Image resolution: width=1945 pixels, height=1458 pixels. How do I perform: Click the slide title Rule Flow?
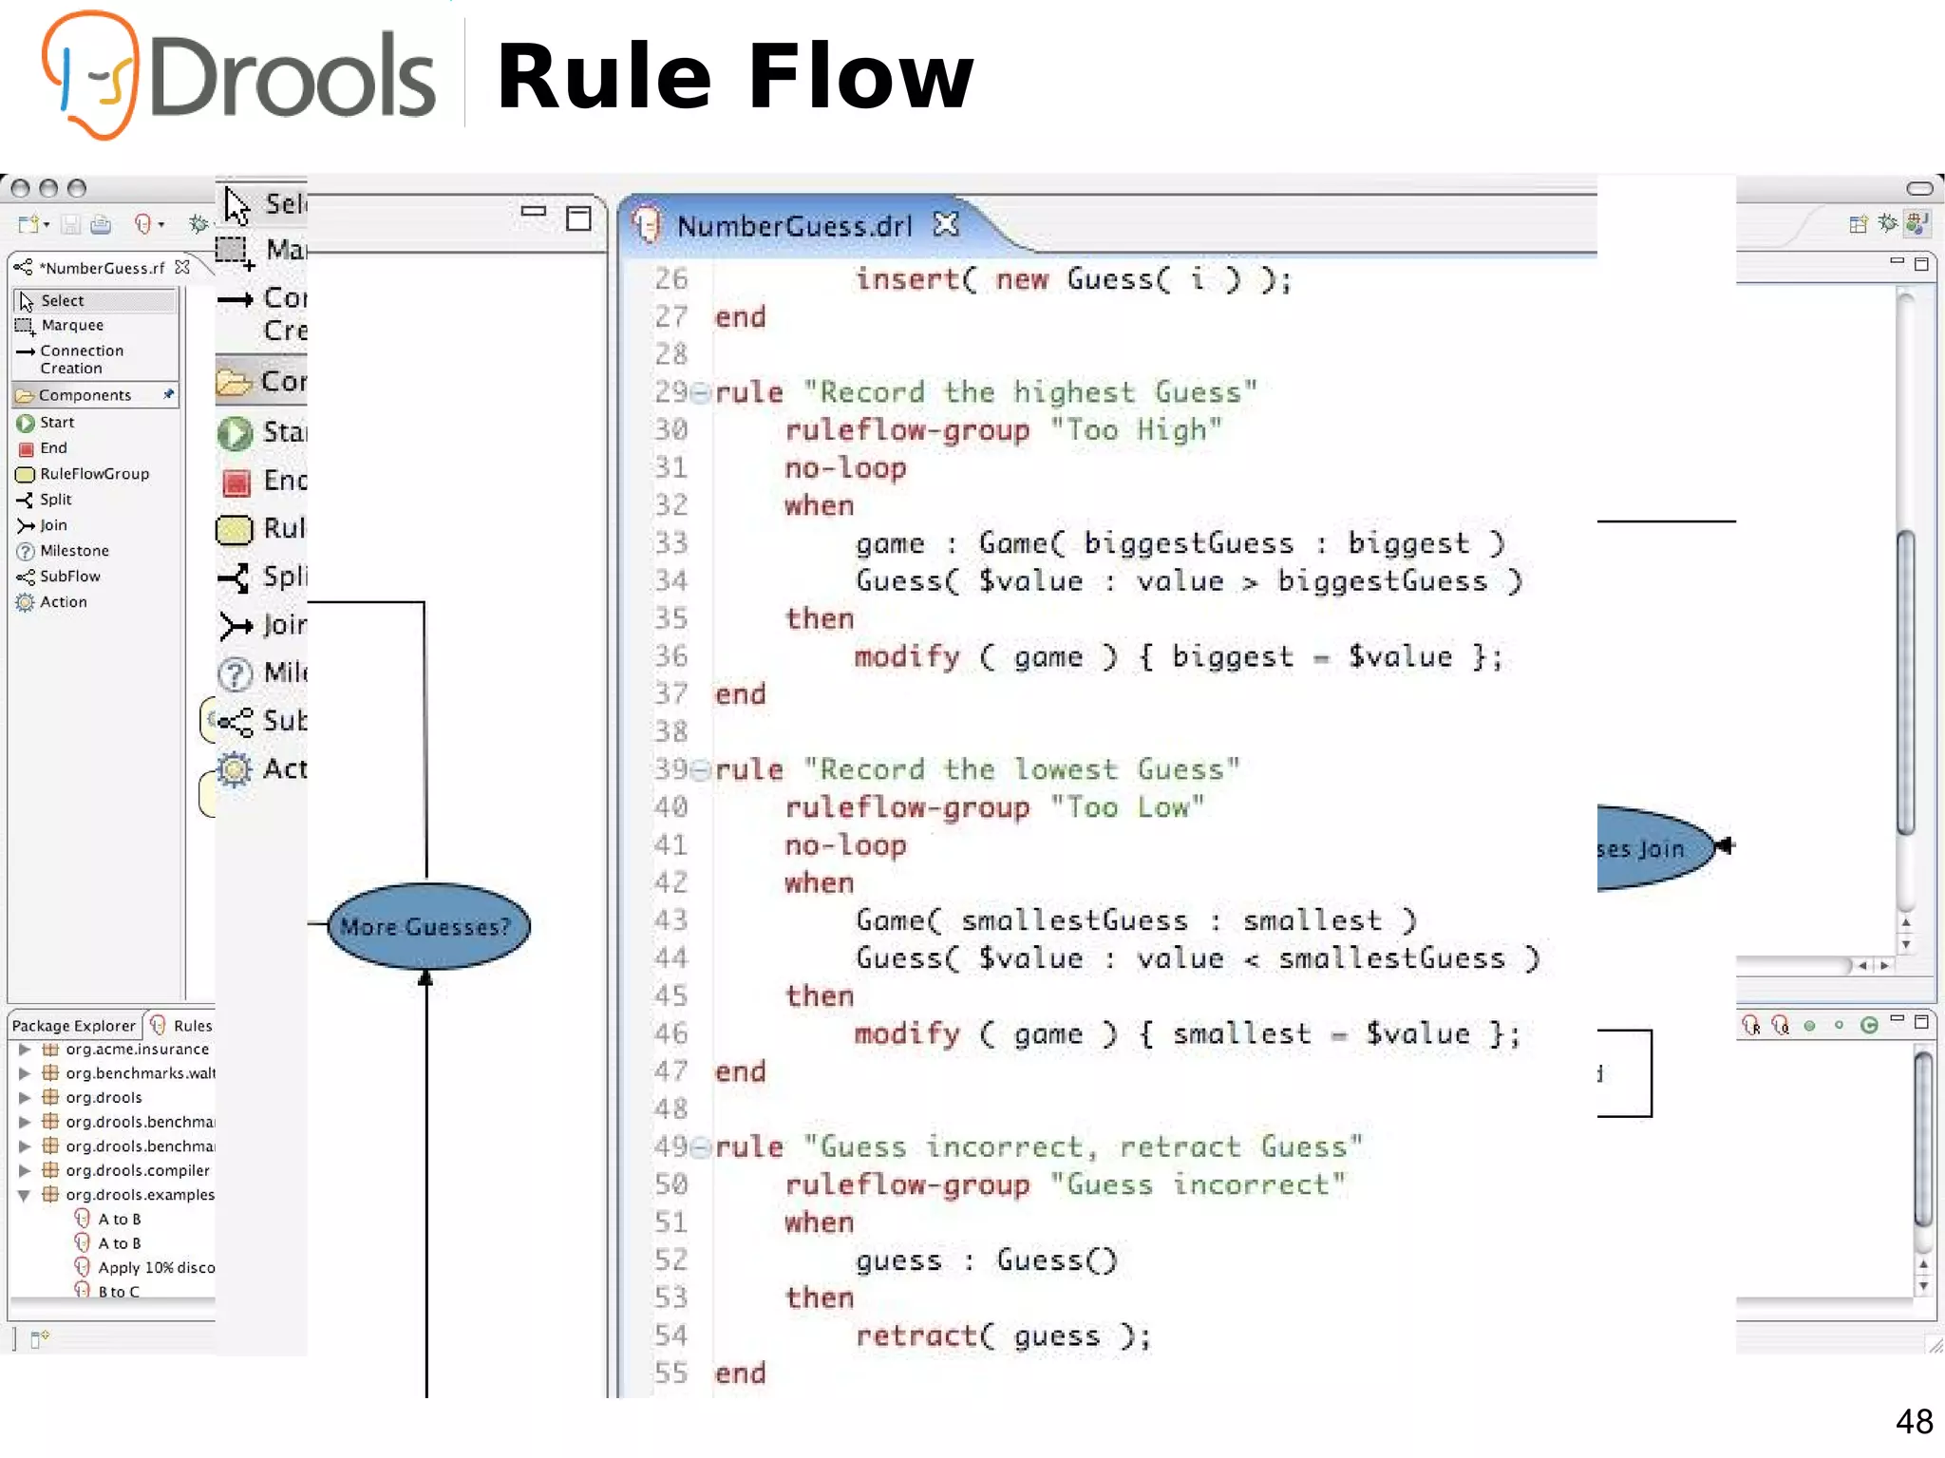point(735,76)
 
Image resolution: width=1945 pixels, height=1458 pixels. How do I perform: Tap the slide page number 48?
point(1914,1421)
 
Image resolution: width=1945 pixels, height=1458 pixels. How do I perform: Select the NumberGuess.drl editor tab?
point(794,226)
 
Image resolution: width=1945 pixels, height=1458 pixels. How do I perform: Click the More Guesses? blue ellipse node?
point(427,926)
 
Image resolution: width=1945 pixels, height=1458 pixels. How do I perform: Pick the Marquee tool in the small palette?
point(71,325)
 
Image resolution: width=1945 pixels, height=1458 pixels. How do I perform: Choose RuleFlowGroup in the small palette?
point(93,473)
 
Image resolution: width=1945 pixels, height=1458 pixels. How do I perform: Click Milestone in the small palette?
point(74,550)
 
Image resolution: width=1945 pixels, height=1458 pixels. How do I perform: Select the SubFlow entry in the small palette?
point(69,576)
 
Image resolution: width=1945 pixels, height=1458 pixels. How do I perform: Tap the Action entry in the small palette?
point(63,601)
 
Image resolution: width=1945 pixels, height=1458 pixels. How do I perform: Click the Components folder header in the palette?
point(85,394)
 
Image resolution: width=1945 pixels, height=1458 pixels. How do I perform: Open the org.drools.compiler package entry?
point(137,1170)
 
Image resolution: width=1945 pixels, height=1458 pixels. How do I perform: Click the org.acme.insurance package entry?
point(137,1049)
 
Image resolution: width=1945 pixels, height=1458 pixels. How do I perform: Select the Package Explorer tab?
point(73,1025)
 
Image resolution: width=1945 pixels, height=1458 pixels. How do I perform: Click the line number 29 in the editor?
point(670,391)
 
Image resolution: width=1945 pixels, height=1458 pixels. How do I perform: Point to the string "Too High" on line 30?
point(1135,429)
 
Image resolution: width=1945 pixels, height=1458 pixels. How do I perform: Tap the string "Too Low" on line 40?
point(1126,806)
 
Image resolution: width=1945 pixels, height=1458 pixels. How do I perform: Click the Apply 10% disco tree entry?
point(156,1267)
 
